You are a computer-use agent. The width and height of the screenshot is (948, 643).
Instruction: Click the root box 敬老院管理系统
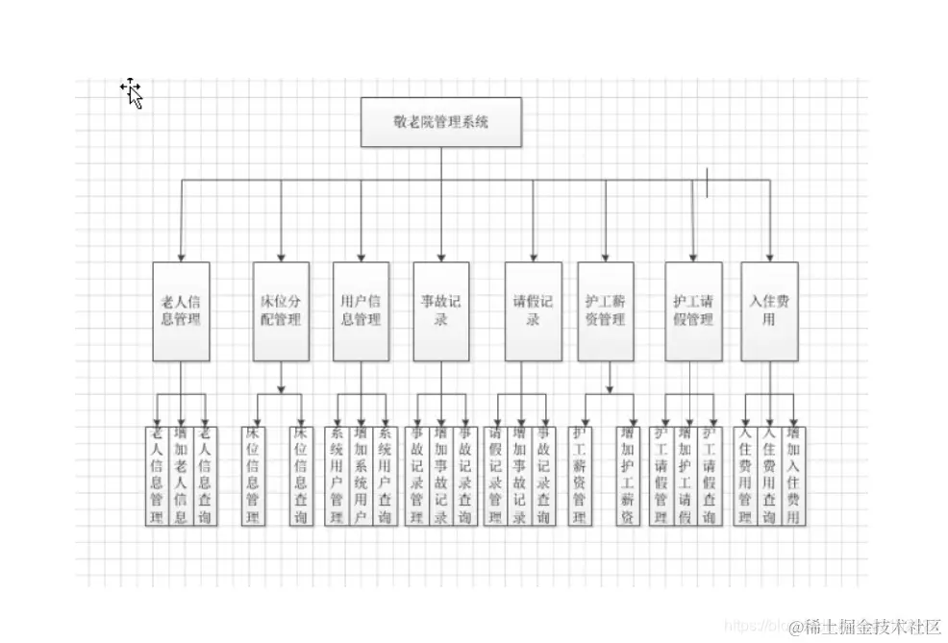[441, 122]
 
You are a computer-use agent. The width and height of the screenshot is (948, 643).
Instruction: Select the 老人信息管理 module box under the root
[181, 310]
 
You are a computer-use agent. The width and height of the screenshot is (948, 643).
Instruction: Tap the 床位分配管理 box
[281, 310]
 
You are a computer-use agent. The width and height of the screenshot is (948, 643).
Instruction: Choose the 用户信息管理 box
[361, 310]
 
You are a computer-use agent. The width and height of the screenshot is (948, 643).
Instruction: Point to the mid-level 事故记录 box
[440, 310]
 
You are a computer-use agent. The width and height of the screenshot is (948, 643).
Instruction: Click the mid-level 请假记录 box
[533, 310]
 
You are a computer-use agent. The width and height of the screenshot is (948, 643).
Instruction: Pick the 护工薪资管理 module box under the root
[606, 310]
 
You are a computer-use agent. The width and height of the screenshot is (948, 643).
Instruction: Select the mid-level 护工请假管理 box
[693, 310]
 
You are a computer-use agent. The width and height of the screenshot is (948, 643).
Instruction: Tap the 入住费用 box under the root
[769, 310]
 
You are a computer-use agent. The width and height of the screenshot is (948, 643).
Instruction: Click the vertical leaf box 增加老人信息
[181, 475]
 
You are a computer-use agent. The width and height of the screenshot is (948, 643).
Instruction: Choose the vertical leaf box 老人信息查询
[204, 475]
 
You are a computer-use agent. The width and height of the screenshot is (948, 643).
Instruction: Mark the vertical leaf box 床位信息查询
[302, 475]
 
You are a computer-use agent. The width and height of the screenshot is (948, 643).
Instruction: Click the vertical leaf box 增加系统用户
[361, 475]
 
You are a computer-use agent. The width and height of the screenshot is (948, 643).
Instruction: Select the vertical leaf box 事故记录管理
[417, 475]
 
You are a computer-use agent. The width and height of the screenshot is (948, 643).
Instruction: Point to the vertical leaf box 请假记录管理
[496, 475]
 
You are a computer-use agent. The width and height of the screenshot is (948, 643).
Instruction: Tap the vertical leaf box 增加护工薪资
[628, 475]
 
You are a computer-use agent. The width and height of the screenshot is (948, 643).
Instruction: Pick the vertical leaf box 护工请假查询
[711, 475]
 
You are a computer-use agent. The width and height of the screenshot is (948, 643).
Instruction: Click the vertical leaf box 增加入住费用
[793, 475]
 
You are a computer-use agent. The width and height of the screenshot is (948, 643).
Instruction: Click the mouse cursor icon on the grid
[132, 93]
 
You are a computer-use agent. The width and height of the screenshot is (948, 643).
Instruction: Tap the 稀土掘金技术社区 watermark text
[873, 627]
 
